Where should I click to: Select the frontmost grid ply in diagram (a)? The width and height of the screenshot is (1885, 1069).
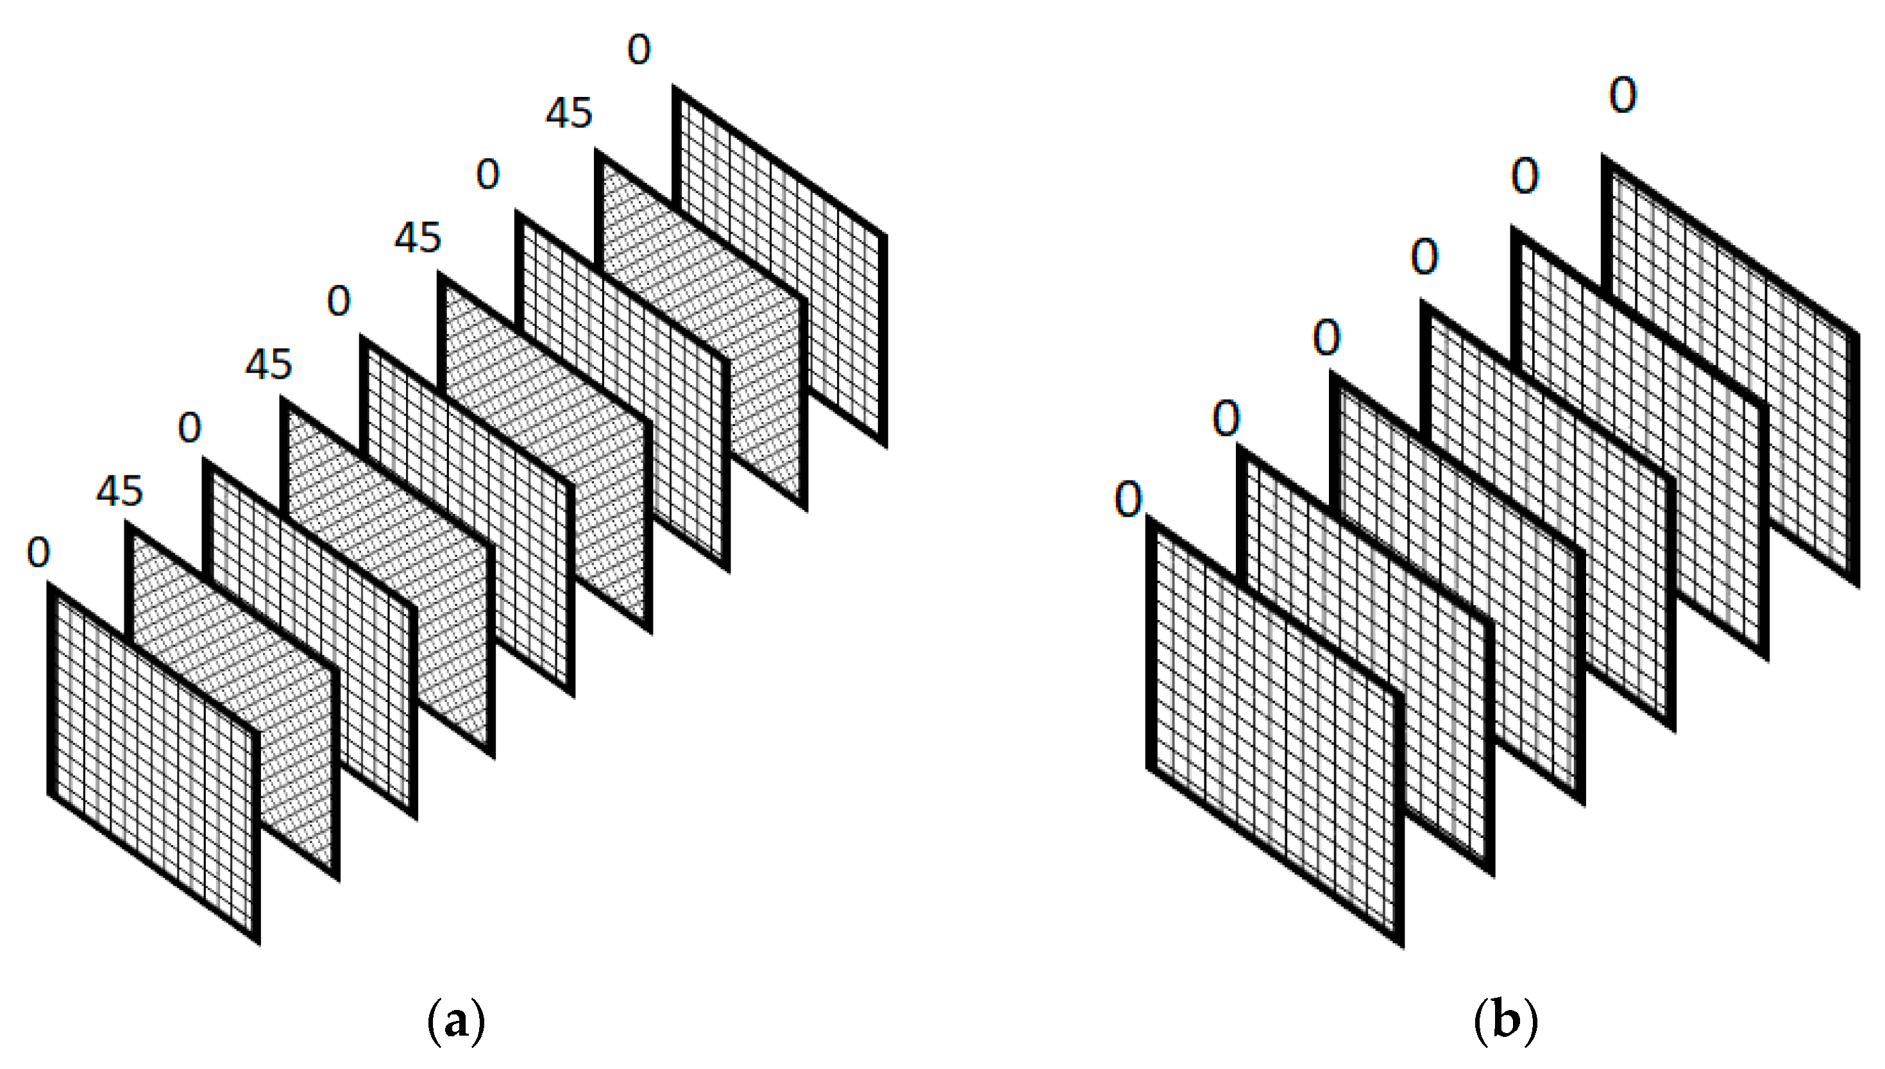154,764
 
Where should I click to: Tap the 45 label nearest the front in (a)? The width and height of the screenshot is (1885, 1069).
119,490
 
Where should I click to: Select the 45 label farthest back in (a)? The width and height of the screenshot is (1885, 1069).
569,113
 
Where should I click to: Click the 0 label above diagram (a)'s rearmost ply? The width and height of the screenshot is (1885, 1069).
638,50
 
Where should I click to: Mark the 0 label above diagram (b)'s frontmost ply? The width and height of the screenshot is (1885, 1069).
1128,500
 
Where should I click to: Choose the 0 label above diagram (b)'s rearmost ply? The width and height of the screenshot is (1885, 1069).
1622,96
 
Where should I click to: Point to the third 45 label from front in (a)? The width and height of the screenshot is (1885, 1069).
418,238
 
